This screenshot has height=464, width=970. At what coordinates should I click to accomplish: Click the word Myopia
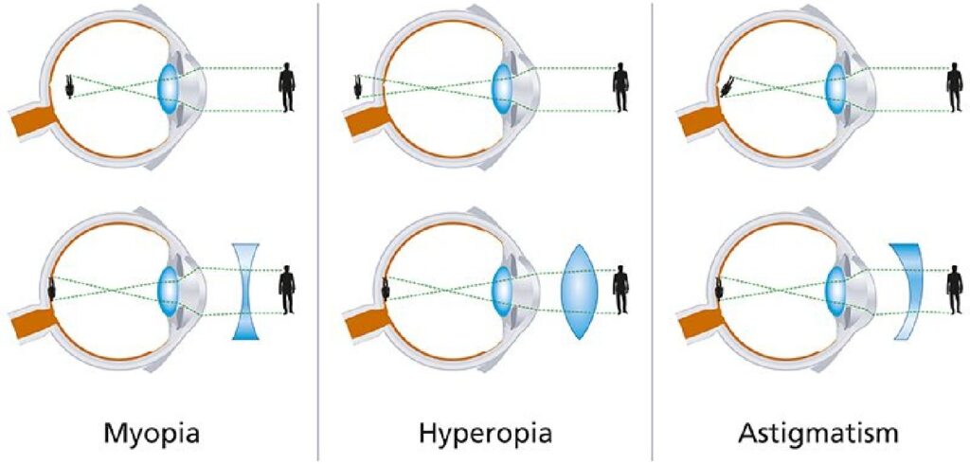(x=153, y=433)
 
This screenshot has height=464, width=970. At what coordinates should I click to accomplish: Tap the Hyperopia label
(x=485, y=433)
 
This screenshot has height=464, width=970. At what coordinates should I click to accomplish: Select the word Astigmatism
(x=818, y=433)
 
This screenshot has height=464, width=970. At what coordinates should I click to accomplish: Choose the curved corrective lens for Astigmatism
(x=908, y=291)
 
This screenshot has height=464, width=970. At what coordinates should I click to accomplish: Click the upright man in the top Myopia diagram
(x=286, y=87)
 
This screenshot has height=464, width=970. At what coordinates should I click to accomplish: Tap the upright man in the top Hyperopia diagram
(x=621, y=87)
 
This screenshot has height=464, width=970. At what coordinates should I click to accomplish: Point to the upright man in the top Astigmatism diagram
(x=955, y=87)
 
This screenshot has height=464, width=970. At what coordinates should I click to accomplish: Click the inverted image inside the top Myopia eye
(x=71, y=86)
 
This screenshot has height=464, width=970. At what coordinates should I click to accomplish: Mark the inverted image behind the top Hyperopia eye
(x=357, y=86)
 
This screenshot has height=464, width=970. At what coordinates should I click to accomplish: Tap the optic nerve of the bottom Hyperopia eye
(x=365, y=322)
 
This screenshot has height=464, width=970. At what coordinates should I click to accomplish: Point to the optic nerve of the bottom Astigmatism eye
(x=699, y=322)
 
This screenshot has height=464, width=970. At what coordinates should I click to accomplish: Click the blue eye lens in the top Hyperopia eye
(x=502, y=88)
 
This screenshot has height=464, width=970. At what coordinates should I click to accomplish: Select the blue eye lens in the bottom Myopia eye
(x=168, y=291)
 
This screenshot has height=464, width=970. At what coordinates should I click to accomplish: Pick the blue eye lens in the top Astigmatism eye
(x=836, y=88)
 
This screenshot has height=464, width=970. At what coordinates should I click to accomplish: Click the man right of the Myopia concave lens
(x=286, y=290)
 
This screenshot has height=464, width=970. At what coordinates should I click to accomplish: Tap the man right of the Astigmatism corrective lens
(x=955, y=290)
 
